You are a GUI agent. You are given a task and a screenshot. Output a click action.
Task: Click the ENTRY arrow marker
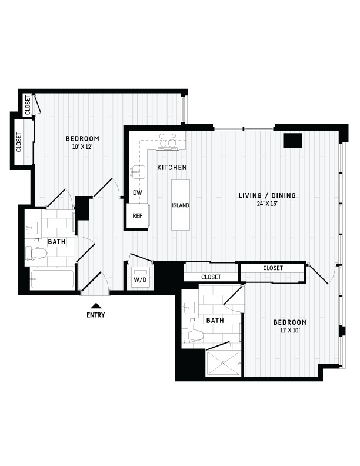(x=96, y=306)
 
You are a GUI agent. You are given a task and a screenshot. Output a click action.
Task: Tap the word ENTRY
(x=96, y=315)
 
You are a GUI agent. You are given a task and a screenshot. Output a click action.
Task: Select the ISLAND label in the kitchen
(x=181, y=205)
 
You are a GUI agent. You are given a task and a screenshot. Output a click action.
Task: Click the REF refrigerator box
(x=137, y=216)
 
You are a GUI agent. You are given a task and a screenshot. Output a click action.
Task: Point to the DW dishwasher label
(x=138, y=192)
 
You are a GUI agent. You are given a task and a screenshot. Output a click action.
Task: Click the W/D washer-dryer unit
(x=140, y=277)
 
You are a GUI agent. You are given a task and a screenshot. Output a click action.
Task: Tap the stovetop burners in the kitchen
(x=168, y=141)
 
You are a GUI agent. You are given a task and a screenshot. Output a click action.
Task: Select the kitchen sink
(x=138, y=172)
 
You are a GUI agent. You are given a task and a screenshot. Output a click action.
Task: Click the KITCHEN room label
(x=172, y=168)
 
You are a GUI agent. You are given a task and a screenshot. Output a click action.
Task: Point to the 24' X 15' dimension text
(x=267, y=204)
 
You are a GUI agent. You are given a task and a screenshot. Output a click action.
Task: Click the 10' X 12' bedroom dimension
(x=81, y=147)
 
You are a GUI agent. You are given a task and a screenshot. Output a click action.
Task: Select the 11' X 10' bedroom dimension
(x=289, y=330)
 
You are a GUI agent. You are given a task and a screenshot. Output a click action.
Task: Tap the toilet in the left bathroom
(x=36, y=253)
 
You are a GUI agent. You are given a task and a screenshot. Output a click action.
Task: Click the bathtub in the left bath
(x=52, y=279)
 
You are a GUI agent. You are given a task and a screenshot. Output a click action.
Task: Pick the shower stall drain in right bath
(x=224, y=363)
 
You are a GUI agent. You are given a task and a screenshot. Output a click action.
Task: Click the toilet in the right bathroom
(x=192, y=336)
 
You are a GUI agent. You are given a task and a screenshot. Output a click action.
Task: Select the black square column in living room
(x=292, y=141)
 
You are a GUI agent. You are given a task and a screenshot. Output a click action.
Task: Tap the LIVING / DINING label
(x=267, y=195)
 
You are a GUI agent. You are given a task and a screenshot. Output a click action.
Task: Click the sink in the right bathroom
(x=189, y=308)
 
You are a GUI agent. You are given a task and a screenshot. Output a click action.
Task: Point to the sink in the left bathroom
(x=32, y=228)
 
